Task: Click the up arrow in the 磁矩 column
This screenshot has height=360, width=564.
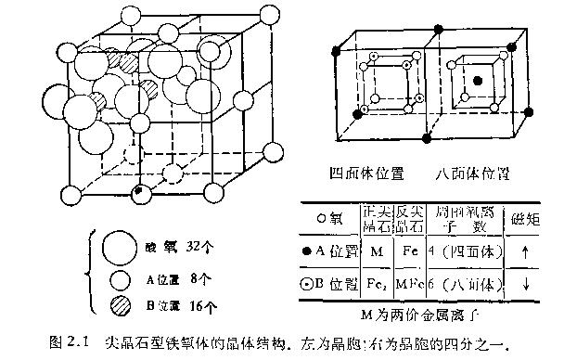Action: [526, 251]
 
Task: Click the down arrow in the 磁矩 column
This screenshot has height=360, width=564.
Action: [526, 283]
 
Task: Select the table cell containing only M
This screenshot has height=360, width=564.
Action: [375, 251]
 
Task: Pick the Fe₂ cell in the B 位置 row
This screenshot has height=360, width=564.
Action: [375, 283]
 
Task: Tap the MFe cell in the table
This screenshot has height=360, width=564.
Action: [409, 283]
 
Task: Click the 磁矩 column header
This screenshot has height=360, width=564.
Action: [526, 220]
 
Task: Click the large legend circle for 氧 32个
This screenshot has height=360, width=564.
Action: [118, 248]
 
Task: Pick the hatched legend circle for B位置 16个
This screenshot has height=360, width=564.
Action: [118, 304]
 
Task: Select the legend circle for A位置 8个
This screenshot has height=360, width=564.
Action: [118, 278]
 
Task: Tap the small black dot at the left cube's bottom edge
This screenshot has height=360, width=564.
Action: [138, 192]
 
